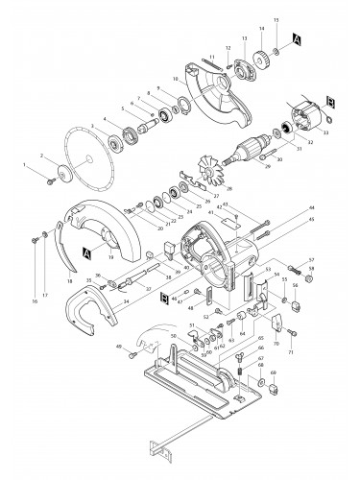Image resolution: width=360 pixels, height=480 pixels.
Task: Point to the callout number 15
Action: pos(276,20)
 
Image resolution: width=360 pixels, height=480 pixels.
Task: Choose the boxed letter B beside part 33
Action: pos(329,100)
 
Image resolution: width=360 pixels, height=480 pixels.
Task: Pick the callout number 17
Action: pos(44,295)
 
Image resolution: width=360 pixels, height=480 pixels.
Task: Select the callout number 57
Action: pos(311,261)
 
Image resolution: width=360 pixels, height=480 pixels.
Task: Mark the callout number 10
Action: pos(175,79)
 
